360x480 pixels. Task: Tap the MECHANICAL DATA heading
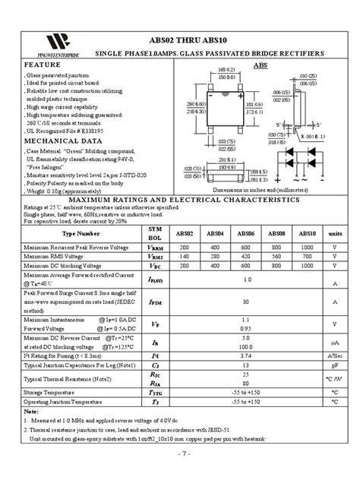(x=62, y=141)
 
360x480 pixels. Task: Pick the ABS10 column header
(x=306, y=235)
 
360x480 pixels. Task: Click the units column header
(x=334, y=235)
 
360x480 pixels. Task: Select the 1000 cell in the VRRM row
(x=306, y=248)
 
